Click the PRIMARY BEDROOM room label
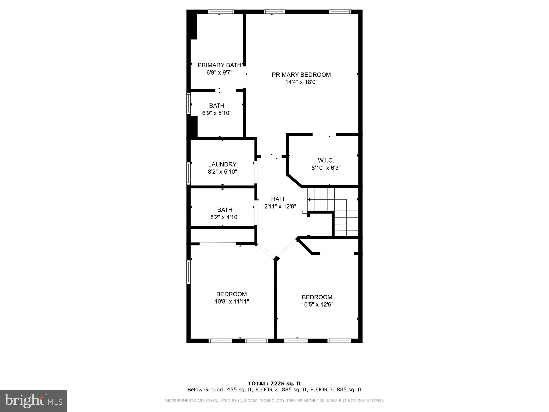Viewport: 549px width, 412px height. click(301, 75)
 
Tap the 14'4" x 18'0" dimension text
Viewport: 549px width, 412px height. click(301, 82)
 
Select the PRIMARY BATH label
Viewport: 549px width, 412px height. click(219, 65)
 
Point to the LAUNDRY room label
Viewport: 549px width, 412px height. click(222, 164)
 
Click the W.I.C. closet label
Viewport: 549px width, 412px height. click(326, 161)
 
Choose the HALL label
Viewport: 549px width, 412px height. click(278, 199)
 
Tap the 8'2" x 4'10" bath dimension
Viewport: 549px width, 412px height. click(225, 217)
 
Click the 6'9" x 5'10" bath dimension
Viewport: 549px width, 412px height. click(217, 113)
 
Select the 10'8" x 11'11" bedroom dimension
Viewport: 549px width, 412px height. click(232, 301)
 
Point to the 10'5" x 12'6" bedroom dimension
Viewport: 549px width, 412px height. click(317, 304)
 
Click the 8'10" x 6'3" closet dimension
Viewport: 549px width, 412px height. click(326, 168)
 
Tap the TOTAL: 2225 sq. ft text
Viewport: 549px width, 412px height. click(274, 384)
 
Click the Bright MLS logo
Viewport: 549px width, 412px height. click(34, 401)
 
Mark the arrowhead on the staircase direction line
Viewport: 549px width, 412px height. click(309, 200)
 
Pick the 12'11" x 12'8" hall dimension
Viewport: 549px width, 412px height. click(279, 207)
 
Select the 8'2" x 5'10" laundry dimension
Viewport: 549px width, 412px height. click(222, 172)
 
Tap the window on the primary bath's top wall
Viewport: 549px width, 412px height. click(221, 12)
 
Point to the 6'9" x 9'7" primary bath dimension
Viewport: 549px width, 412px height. click(219, 72)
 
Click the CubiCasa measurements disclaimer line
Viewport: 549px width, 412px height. click(274, 401)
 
